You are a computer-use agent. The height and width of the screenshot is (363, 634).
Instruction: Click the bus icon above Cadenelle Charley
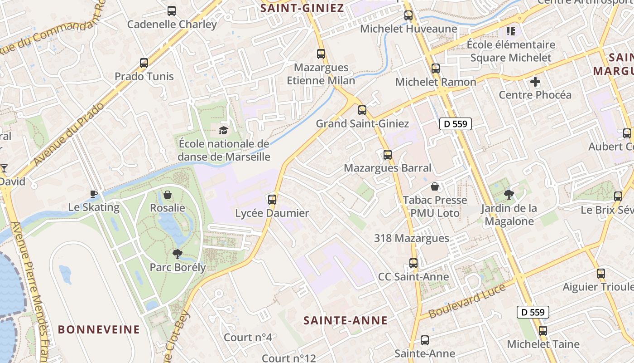pos(172,10)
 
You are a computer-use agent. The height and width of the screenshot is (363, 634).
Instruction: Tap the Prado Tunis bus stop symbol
pos(144,63)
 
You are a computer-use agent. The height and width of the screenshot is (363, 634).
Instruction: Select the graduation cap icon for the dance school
pos(224,131)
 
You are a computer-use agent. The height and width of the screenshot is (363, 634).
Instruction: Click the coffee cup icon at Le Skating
pos(94,194)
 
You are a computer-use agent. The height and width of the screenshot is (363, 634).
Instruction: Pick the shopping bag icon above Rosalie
pos(168,195)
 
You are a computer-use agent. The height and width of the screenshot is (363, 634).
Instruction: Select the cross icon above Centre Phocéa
pos(535,82)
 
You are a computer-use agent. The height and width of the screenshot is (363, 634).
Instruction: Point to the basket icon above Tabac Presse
pos(435,186)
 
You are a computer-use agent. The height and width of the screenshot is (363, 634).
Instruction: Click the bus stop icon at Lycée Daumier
pos(272,200)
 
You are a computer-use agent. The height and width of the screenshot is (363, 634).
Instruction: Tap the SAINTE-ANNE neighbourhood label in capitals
pos(346,320)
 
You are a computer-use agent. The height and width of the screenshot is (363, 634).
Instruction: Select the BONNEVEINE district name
pos(99,329)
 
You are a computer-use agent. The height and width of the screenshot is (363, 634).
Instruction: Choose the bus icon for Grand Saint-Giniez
pos(362,110)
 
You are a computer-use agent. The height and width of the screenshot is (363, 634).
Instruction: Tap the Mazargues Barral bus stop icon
pos(388,155)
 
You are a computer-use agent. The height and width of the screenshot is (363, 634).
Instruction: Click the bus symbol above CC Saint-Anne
pos(413,263)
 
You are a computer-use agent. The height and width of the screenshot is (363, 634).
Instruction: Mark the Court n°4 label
pos(248,338)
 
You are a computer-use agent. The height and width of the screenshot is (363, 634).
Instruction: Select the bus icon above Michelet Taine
pos(543,331)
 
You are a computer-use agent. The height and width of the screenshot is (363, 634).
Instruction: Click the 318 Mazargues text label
pos(412,238)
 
